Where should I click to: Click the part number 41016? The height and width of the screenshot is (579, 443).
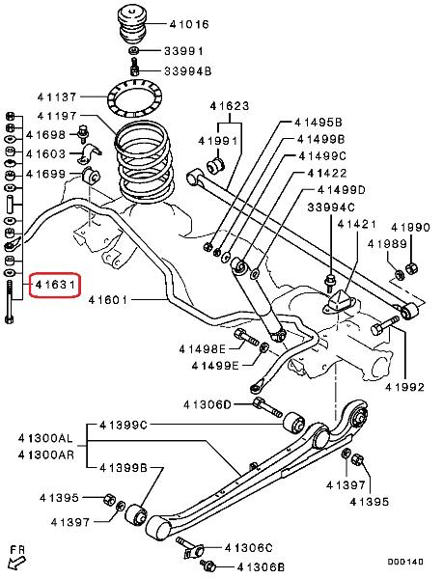[x=189, y=25]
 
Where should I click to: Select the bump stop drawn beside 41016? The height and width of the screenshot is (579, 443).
[x=132, y=25]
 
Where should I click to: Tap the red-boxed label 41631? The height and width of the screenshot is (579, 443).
[x=55, y=285]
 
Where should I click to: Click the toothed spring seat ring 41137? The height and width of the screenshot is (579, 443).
[x=134, y=98]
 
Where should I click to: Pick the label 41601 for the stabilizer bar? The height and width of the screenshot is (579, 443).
[x=108, y=299]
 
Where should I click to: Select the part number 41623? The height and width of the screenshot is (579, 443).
[x=230, y=106]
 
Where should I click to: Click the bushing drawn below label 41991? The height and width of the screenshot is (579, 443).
[x=215, y=165]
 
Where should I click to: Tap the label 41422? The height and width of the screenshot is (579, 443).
[x=327, y=173]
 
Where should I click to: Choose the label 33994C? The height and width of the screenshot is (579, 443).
[x=331, y=207]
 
